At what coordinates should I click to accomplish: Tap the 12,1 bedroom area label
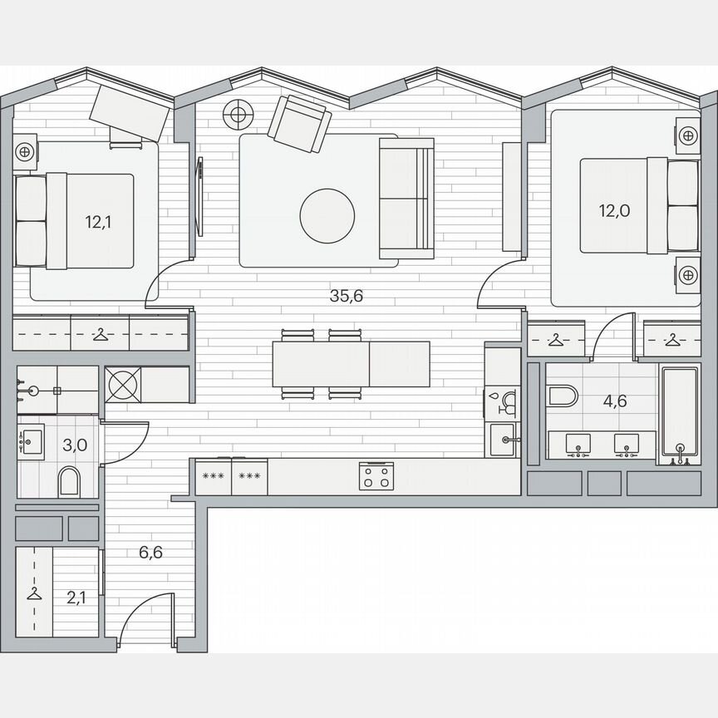click(x=96, y=222)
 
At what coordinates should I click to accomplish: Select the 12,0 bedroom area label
click(x=614, y=210)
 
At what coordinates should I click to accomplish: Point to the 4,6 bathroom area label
click(x=614, y=401)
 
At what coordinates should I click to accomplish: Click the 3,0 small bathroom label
click(x=75, y=444)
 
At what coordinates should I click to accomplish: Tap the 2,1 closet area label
click(x=76, y=595)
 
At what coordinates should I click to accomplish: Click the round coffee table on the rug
click(x=327, y=215)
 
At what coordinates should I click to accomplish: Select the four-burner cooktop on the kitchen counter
click(x=374, y=477)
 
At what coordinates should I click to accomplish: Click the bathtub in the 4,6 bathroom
click(x=679, y=413)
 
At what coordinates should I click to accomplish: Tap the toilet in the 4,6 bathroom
click(x=561, y=395)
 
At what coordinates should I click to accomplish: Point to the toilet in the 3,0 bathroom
click(x=70, y=481)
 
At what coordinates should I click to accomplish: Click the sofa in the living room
click(x=406, y=198)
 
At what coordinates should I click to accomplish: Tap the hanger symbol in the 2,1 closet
click(x=34, y=593)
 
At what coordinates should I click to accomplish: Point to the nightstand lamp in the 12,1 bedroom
click(x=24, y=151)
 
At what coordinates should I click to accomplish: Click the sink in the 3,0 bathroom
click(x=32, y=438)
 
